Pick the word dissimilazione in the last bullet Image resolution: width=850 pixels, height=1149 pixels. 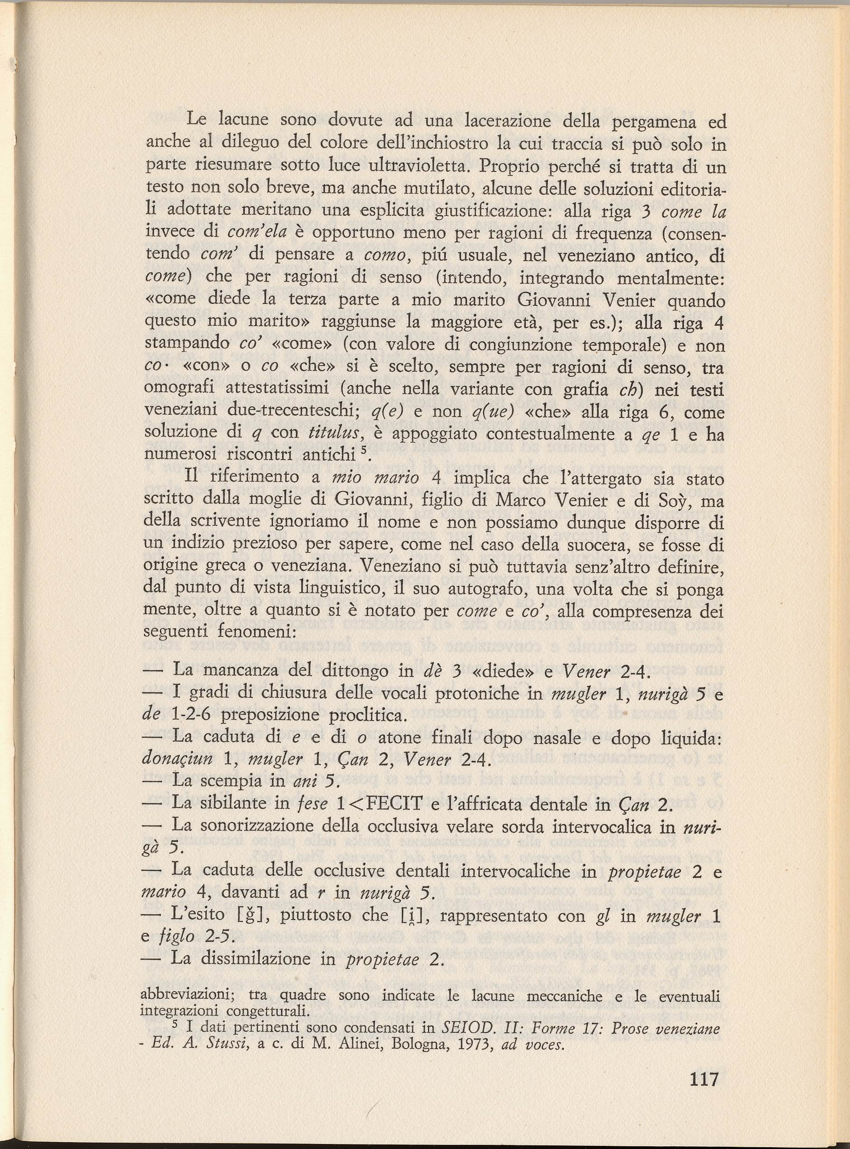[267, 959]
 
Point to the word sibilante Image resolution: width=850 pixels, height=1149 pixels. [245, 803]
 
